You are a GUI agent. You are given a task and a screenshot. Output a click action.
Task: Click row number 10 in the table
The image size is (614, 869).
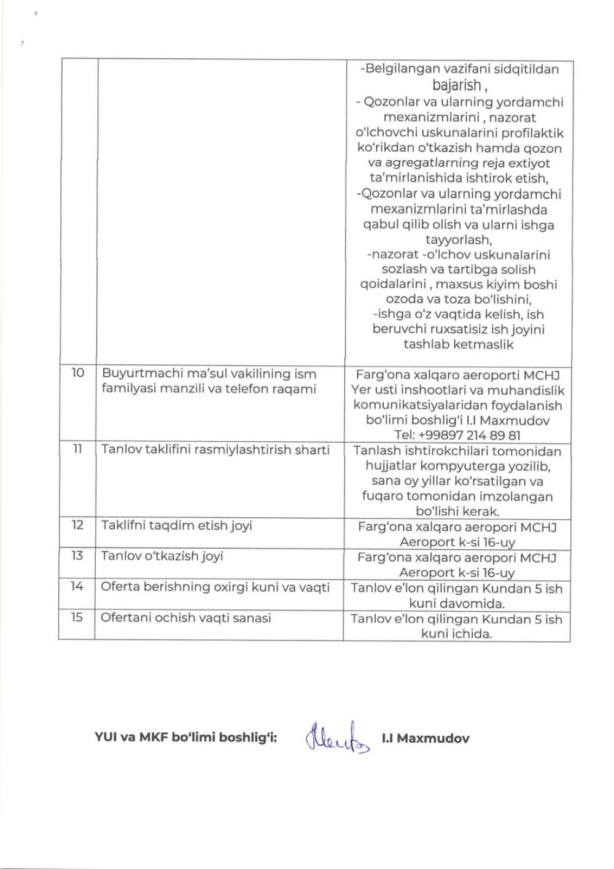coord(77,373)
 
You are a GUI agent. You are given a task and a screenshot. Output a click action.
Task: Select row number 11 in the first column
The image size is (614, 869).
coord(77,449)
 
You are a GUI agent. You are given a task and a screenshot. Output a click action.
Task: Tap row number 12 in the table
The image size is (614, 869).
coord(77,525)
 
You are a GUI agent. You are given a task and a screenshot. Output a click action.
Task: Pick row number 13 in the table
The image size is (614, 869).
coord(77,556)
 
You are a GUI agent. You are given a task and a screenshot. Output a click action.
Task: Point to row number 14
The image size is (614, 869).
coord(77,587)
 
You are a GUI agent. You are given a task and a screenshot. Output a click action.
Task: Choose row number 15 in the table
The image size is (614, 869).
coord(77,617)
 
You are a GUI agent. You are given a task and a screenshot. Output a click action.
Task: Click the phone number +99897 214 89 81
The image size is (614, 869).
coord(457,436)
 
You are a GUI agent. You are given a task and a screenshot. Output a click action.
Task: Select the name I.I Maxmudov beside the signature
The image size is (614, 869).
coord(425,738)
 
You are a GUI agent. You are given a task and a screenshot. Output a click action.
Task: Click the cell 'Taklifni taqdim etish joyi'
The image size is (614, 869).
coord(177,526)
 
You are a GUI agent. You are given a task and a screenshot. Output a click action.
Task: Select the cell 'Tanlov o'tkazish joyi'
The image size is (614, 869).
coord(162,556)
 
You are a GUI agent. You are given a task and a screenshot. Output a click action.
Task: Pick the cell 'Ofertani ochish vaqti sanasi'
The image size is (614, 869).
coord(185,618)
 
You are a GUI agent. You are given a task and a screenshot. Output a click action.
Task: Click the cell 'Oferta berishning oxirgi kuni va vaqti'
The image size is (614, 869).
coord(215,587)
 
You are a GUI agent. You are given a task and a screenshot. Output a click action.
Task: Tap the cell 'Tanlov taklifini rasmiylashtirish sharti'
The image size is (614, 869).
coord(215,450)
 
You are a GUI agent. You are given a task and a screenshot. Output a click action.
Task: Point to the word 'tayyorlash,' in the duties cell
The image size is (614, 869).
coord(458,239)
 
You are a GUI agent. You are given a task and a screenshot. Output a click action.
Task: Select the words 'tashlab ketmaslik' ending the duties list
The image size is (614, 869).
coord(458,344)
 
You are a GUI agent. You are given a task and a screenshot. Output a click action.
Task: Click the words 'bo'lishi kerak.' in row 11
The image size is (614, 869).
coord(457,511)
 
